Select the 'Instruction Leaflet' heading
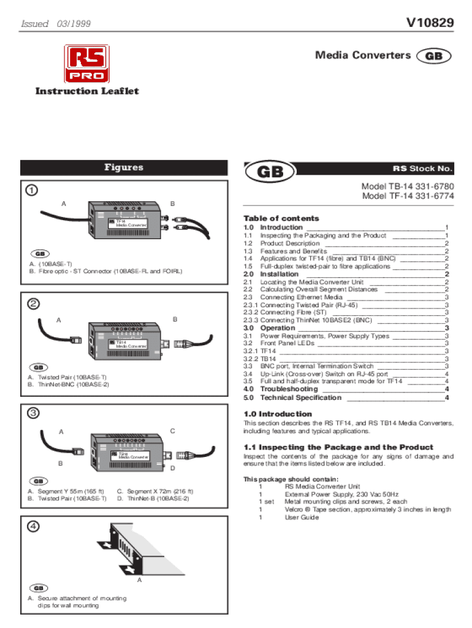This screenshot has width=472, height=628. click(87, 91)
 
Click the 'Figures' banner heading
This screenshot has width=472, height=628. click(123, 167)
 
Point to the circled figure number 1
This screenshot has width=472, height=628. click(31, 190)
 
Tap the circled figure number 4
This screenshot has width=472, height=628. click(31, 526)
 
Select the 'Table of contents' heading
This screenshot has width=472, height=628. click(281, 218)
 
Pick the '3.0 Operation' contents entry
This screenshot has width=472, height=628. click(278, 328)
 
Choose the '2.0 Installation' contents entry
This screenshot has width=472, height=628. click(280, 274)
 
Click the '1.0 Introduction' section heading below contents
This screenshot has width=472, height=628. click(278, 414)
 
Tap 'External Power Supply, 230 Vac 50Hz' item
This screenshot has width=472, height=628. click(341, 493)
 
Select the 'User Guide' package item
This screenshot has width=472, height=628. click(302, 517)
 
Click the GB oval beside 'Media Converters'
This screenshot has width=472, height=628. click(433, 56)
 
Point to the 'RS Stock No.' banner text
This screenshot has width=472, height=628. click(423, 169)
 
